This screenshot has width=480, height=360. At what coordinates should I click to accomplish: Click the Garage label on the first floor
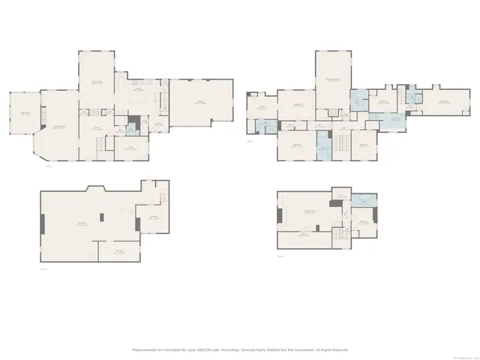199,102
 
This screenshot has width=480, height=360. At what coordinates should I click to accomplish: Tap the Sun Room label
24,113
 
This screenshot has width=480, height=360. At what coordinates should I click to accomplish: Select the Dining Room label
97,82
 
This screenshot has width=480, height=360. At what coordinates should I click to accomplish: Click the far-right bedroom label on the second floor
444,102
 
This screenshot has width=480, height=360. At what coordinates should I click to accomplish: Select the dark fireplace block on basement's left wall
41,223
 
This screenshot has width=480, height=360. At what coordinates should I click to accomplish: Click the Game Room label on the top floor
307,212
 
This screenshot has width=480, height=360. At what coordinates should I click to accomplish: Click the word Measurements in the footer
146,350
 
